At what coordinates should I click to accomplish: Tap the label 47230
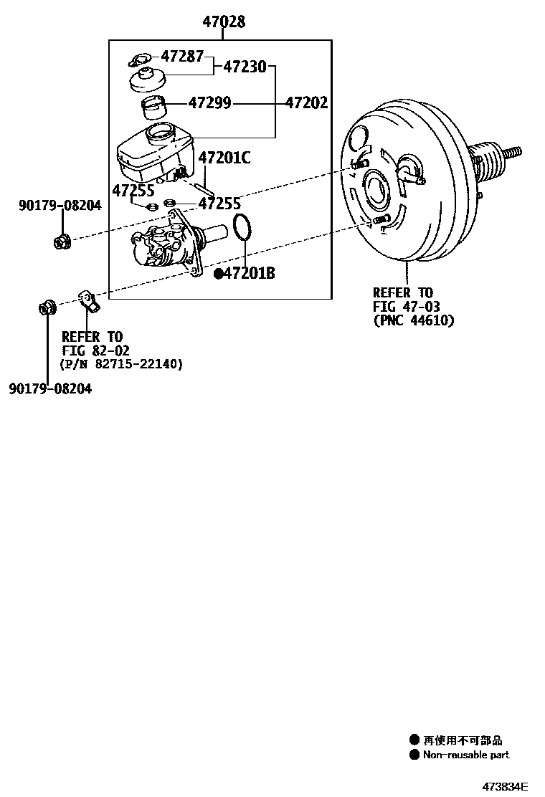(245, 67)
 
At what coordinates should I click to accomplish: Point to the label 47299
(209, 103)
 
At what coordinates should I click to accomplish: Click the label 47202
(306, 103)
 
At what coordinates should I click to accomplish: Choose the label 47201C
(224, 158)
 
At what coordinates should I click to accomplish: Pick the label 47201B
(249, 273)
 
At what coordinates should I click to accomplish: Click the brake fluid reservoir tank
(154, 156)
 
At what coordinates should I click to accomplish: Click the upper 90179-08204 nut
(62, 242)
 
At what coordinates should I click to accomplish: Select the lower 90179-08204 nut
(47, 309)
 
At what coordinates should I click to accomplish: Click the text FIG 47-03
(402, 307)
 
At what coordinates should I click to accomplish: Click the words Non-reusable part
(466, 755)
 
